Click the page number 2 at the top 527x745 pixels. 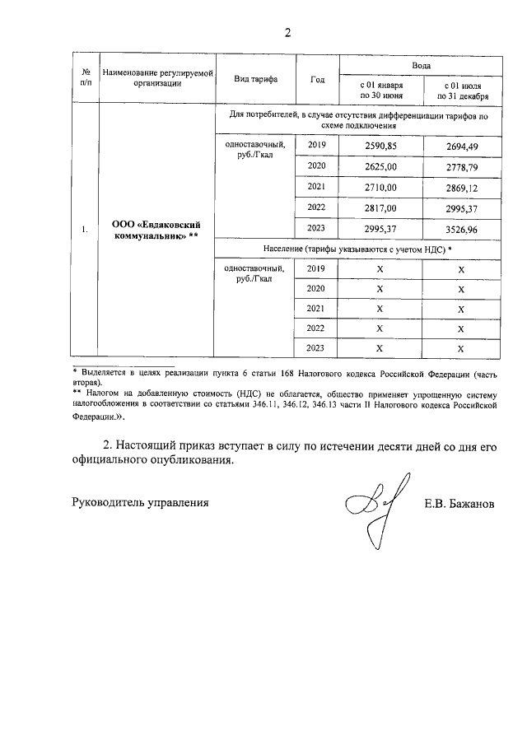pos(287,34)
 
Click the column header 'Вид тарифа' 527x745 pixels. pos(255,80)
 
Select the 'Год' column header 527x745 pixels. pos(317,80)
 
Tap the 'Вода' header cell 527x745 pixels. pos(421,64)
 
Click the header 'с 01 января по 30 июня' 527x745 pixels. pos(380,90)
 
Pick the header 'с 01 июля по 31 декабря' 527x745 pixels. pos(461,90)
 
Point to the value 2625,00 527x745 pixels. pos(380,166)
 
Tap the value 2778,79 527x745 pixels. pos(461,167)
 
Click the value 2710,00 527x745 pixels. pos(380,187)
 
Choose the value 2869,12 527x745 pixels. pos(461,188)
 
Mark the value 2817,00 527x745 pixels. pos(380,207)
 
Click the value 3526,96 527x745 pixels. pos(461,229)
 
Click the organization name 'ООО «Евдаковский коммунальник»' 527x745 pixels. pos(156,229)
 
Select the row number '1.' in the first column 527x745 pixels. pos(85,230)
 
